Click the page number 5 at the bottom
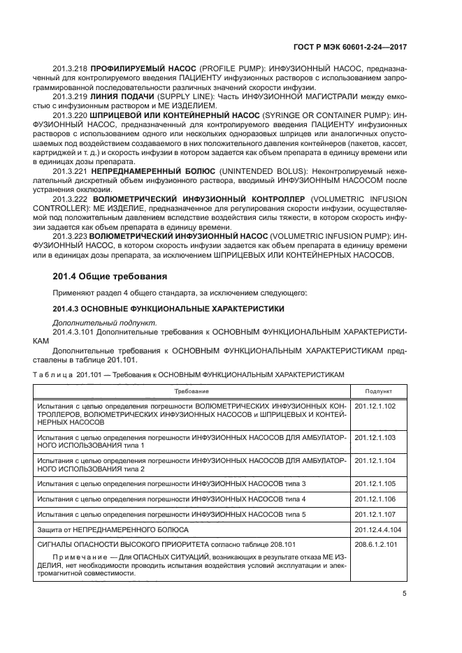(405, 594)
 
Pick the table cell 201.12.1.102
(375, 406)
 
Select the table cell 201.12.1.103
(375, 436)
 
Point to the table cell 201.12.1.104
(375, 461)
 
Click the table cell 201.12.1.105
(375, 484)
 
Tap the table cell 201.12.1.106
(375, 499)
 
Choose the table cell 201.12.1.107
(375, 514)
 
